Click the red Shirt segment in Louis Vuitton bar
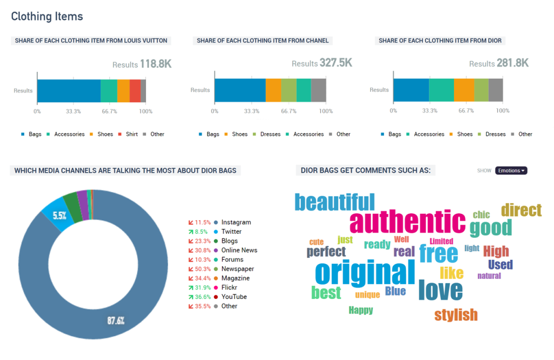tap(135, 91)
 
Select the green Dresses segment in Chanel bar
tap(289, 90)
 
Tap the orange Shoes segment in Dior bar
tap(464, 90)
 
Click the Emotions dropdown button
tap(511, 171)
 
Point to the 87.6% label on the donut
tap(116, 320)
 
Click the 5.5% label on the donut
tap(60, 215)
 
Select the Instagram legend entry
tap(233, 222)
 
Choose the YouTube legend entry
tap(230, 297)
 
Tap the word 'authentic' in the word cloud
tap(407, 222)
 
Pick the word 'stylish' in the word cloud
tap(456, 315)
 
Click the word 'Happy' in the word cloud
tap(361, 310)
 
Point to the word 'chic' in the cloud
tap(481, 215)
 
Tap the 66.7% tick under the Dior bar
tap(466, 110)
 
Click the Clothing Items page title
tap(47, 16)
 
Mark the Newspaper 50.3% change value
tap(202, 269)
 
